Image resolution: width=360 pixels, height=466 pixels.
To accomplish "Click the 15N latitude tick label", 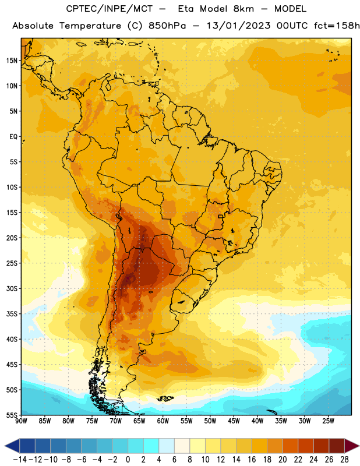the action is [12, 61].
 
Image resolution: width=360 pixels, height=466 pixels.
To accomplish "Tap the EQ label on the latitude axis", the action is [13, 137].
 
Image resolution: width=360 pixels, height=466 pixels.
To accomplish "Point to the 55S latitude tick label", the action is [12, 415].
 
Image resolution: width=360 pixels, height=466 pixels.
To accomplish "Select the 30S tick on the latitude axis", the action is [12, 288].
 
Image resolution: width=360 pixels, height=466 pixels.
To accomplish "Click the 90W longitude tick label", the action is [21, 421].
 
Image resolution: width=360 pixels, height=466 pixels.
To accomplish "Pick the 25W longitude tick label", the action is [328, 421].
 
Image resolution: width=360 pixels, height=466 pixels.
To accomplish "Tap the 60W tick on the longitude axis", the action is [163, 421].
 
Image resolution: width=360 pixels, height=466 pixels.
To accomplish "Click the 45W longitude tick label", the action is [234, 421].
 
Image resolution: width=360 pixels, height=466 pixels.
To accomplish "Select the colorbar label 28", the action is [344, 460].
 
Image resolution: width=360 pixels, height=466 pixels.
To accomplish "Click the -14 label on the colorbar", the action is [20, 460].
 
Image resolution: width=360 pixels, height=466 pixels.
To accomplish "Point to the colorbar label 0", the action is [128, 460].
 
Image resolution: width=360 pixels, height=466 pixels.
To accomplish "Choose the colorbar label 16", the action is [252, 460].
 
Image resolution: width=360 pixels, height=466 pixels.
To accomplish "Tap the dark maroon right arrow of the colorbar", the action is [352, 446].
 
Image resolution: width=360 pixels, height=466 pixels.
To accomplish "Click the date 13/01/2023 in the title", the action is [238, 26].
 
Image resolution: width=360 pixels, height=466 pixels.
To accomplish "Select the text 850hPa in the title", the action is [167, 26].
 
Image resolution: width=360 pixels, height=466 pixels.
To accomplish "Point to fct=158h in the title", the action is [337, 26].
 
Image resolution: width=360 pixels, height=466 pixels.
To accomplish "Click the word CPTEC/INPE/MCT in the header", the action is [110, 9].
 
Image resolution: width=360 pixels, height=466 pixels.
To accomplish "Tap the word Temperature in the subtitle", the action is [90, 26].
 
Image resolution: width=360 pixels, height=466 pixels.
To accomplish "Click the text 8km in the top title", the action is [243, 9].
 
